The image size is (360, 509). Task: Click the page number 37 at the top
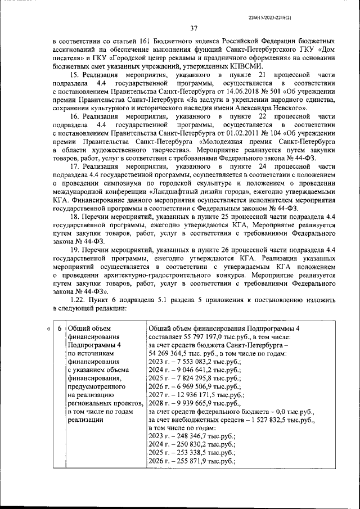coord(193,29)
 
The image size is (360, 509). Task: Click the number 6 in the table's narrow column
coord(60,328)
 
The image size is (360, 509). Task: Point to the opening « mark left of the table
coord(48,328)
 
